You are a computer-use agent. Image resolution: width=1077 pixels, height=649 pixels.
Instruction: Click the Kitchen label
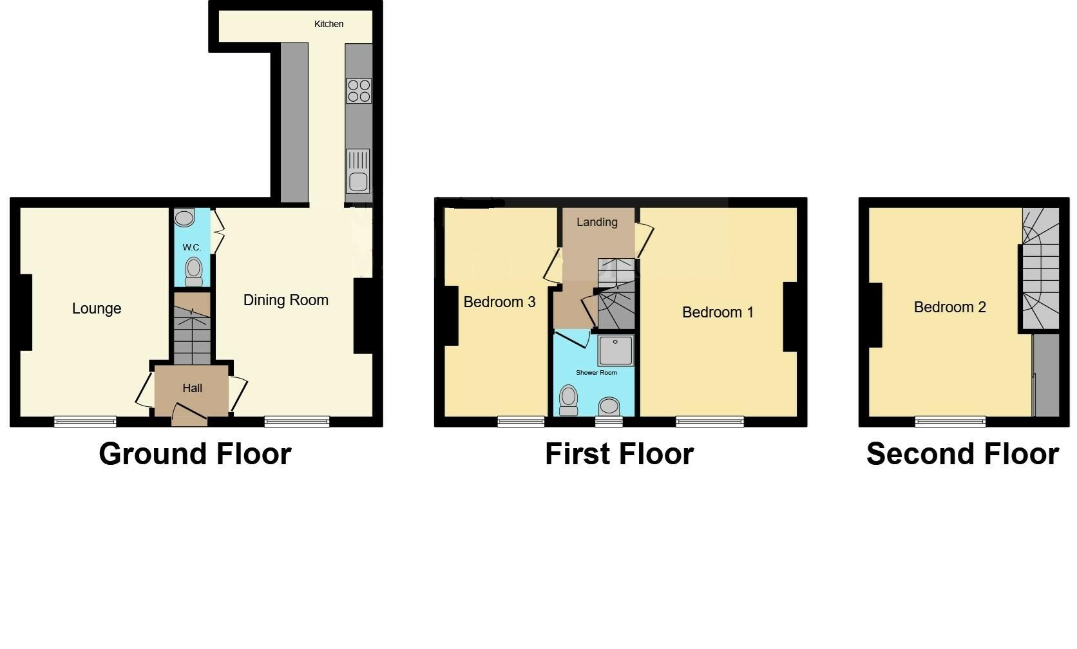329,24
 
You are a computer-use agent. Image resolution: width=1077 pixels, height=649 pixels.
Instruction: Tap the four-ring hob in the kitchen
359,91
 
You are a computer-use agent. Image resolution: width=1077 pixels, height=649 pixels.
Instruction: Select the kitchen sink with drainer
358,171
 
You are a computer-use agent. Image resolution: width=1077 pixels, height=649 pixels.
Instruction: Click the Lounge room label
97,308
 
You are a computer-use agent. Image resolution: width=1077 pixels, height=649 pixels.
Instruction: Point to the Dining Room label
285,300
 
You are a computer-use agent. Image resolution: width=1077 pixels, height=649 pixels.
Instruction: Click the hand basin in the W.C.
184,218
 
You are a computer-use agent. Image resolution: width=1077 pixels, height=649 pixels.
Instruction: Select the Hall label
192,388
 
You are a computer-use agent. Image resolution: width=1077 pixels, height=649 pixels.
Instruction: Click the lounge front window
85,422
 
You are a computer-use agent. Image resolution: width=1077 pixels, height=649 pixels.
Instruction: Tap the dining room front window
297,422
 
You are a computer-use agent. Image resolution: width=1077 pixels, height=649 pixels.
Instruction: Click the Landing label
596,222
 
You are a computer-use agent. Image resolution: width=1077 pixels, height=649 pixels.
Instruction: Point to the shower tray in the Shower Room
615,350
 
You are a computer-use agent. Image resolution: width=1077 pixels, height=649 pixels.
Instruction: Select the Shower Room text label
596,373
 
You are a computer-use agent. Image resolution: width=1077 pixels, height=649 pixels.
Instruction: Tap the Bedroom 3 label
499,302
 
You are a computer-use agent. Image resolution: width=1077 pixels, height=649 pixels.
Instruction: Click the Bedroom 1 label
718,312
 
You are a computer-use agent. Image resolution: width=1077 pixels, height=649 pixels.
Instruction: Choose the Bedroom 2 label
949,307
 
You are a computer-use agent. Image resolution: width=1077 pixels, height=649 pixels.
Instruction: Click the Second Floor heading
962,454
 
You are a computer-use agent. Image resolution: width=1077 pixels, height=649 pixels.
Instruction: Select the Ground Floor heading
195,454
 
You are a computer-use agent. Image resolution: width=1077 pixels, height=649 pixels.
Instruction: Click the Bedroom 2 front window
950,422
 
